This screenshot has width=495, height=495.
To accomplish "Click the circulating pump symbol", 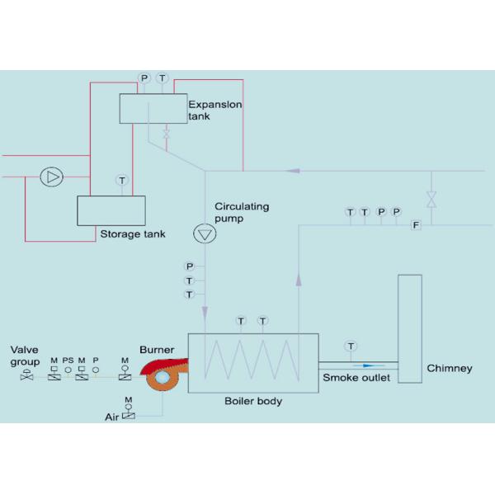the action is point(205,233).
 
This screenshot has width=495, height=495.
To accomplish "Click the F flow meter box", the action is point(416,225).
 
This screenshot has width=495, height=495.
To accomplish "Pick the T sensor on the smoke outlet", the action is point(351,346).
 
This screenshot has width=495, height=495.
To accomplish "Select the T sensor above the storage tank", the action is point(122,180).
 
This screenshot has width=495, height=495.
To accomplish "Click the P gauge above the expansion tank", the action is point(144,78).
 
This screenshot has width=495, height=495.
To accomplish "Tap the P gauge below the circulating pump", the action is point(190,266).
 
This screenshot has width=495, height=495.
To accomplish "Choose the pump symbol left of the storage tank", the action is point(52,177).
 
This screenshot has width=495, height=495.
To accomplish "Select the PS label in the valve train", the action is point(68,361).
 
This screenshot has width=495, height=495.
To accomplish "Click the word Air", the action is point(111,417).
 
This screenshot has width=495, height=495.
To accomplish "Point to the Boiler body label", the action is point(253,401).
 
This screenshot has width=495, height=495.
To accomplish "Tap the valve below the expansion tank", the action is point(167,133).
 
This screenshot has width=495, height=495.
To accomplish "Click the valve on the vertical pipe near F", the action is point(431,199).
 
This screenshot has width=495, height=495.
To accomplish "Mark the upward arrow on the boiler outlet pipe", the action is point(299,280).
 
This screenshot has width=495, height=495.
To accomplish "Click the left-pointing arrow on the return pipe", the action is point(293,171).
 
